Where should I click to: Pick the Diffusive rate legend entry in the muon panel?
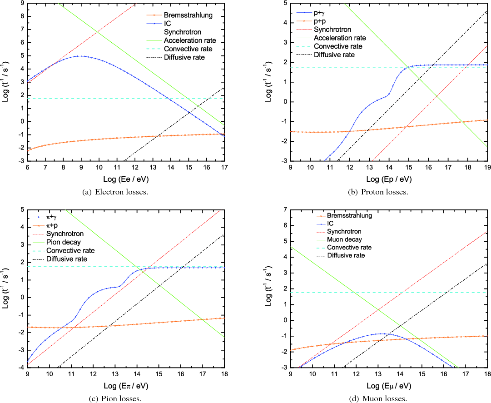pyautogui.click(x=346, y=255)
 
